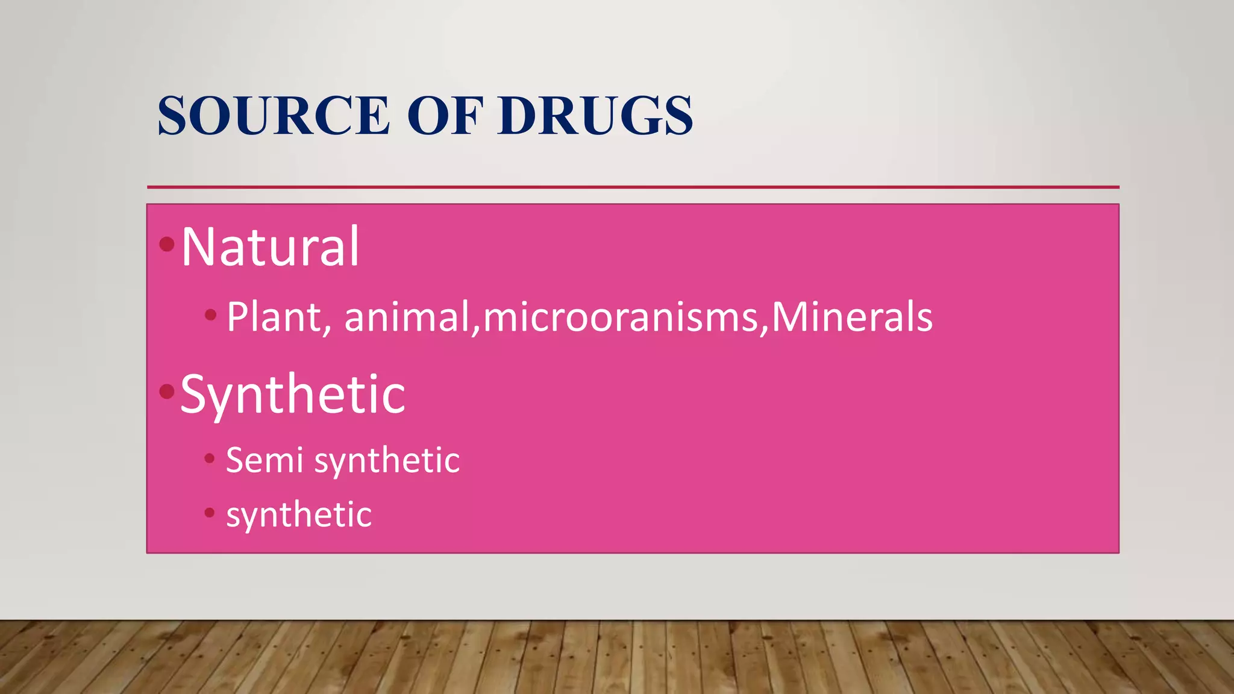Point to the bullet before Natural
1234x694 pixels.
167,244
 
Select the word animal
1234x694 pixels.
407,317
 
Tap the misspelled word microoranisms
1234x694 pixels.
620,317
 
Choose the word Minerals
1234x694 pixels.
852,317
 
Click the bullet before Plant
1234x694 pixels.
210,314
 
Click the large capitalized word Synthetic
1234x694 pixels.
293,394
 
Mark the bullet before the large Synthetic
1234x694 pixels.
167,392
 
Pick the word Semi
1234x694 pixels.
265,460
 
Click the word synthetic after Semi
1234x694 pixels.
387,461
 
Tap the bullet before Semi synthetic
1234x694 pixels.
210,458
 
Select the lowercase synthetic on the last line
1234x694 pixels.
299,515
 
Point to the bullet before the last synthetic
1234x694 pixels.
210,513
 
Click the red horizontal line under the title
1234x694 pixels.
633,187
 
